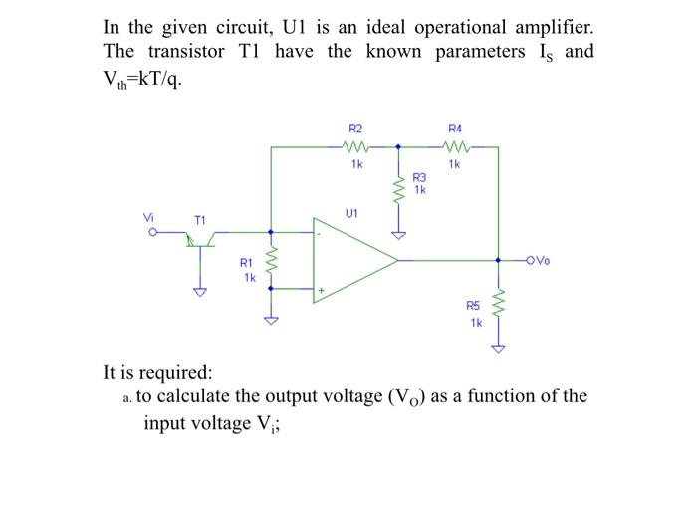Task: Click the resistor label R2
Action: coord(355,129)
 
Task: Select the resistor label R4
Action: coord(455,129)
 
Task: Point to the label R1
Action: coord(247,264)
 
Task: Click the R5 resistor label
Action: coord(474,307)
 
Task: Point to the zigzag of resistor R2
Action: coord(355,146)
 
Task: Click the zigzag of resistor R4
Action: coord(455,146)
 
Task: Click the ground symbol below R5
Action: coord(498,348)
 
